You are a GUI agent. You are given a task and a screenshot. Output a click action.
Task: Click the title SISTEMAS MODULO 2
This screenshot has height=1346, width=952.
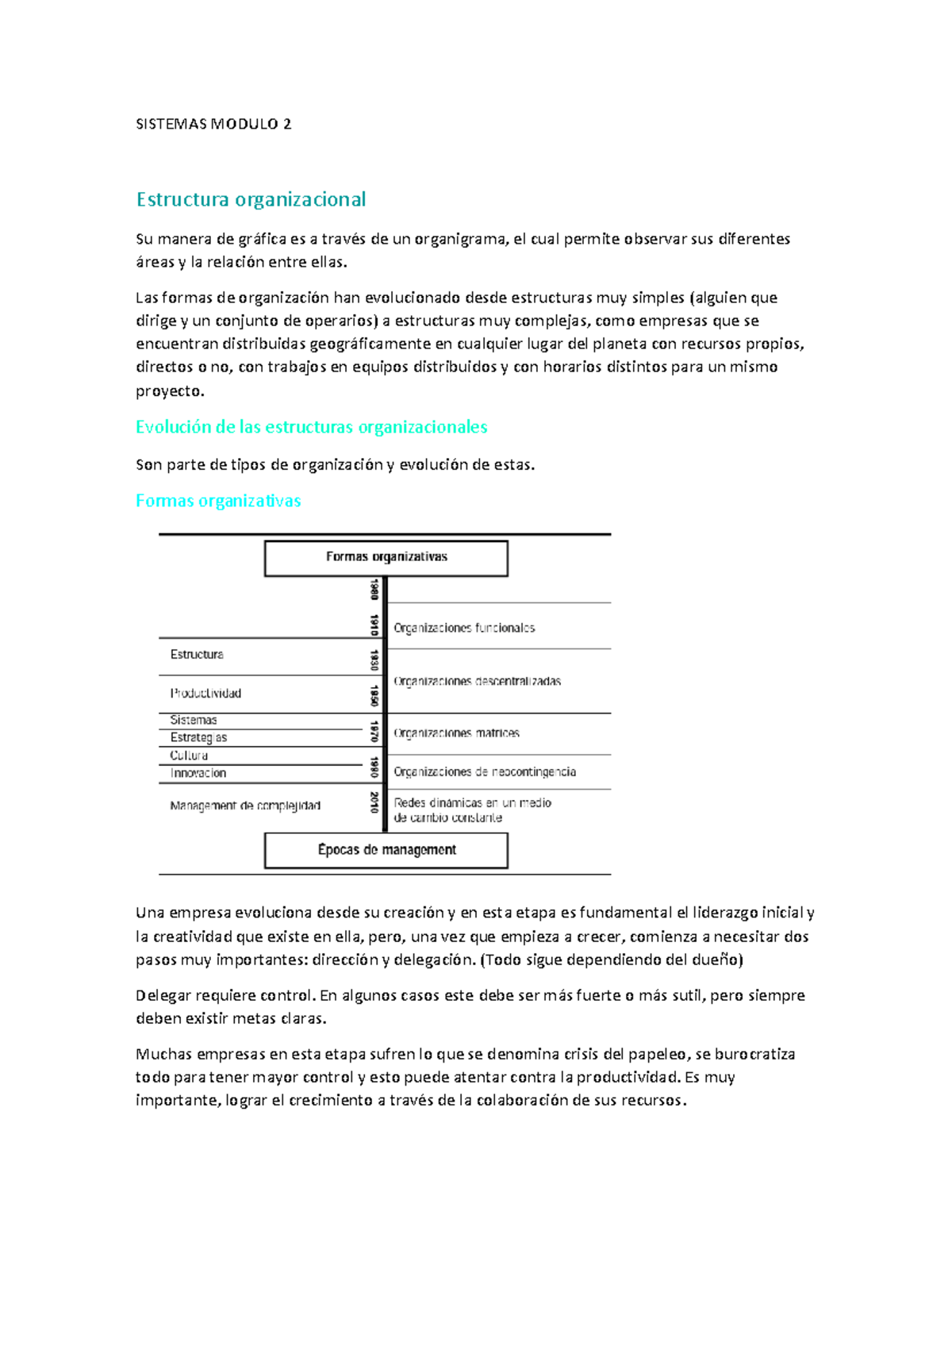(x=213, y=124)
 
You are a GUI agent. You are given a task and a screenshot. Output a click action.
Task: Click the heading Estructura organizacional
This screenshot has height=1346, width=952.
(x=251, y=199)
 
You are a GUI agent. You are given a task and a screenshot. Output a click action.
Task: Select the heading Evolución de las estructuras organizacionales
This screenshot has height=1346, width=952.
(x=311, y=427)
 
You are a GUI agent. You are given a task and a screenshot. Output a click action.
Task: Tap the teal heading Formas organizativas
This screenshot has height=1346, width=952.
(x=218, y=501)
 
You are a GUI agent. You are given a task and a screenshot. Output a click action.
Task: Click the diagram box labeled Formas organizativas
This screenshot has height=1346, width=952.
(x=386, y=558)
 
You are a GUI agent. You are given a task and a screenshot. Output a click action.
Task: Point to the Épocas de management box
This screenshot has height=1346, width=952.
(x=386, y=850)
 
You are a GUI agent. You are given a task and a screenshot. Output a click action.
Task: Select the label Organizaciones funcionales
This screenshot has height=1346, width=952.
(x=464, y=628)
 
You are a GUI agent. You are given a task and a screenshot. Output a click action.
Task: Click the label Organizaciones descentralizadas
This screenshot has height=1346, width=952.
(x=477, y=681)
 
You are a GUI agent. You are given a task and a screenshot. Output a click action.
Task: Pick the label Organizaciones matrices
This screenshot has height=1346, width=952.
(x=456, y=733)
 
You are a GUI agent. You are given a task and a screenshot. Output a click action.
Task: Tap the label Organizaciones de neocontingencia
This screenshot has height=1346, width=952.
(x=485, y=771)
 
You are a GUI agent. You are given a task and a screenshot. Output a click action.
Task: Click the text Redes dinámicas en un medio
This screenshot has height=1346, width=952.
(x=472, y=803)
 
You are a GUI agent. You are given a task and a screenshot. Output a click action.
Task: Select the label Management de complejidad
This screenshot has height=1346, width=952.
(x=245, y=806)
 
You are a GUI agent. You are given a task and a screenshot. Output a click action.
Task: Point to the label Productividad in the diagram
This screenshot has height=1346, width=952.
(x=205, y=693)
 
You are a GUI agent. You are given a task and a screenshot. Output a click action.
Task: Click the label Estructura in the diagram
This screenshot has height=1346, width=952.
(x=197, y=655)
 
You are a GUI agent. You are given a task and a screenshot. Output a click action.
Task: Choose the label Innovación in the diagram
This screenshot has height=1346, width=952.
(x=198, y=773)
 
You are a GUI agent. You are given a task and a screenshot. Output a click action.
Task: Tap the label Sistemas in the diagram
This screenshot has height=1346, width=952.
(x=194, y=720)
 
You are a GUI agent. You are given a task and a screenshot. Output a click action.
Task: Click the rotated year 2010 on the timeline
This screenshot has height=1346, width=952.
(x=374, y=802)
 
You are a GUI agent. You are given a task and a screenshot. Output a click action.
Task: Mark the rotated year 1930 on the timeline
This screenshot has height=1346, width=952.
(x=374, y=660)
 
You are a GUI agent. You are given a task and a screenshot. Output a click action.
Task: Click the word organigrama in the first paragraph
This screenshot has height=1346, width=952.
(x=459, y=239)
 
